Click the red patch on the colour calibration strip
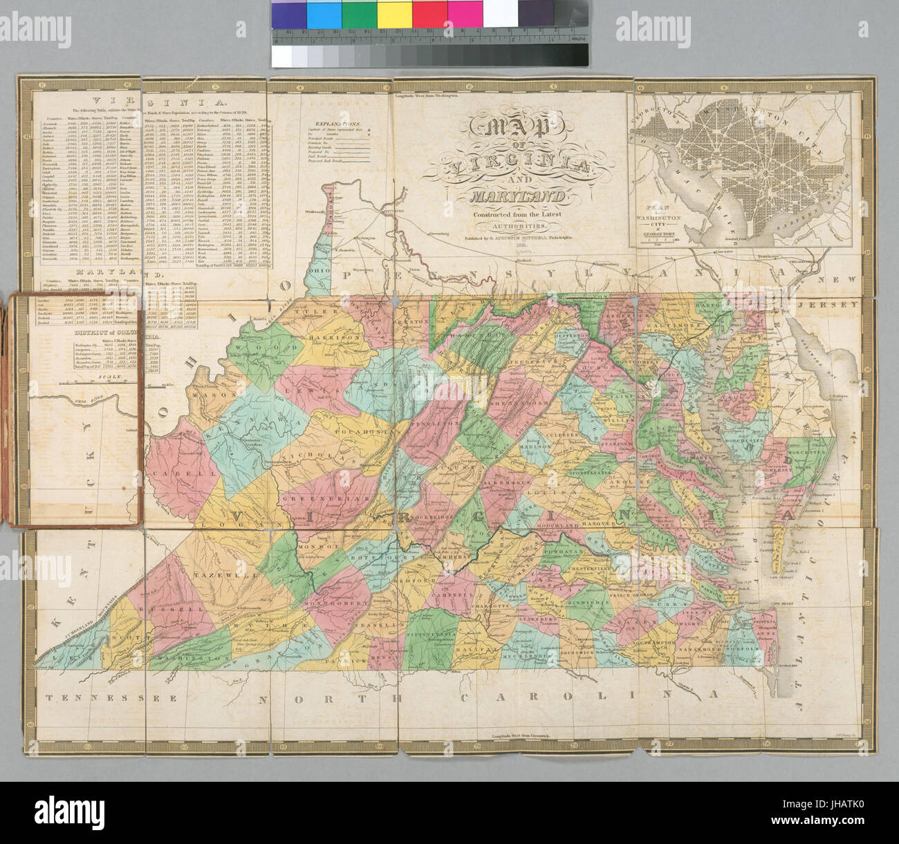click(x=429, y=13)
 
